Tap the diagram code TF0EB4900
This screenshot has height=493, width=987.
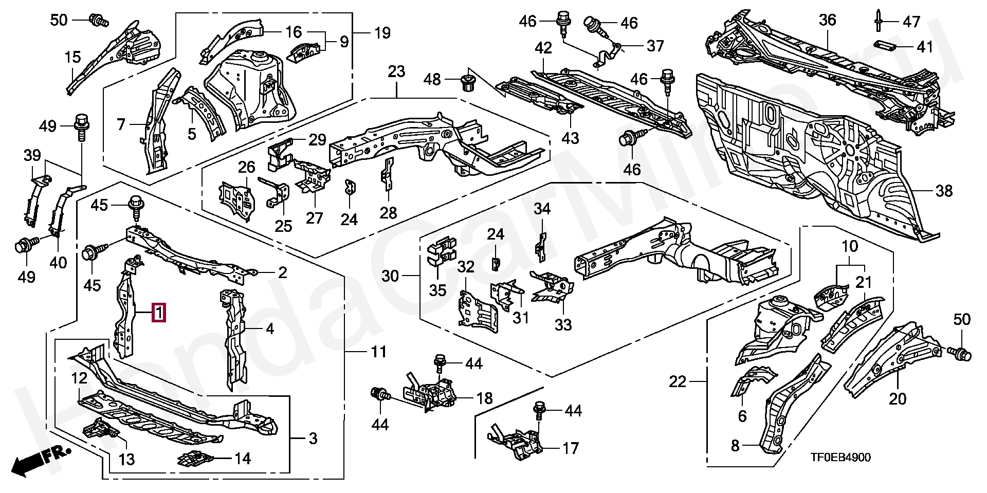point(840,458)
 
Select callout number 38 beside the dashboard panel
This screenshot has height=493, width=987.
point(944,191)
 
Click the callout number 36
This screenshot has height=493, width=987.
point(828,21)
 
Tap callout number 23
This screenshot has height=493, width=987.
point(396,71)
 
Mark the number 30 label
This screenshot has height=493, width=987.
point(390,276)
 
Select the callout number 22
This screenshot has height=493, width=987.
point(678,381)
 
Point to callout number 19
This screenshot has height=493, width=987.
point(382,33)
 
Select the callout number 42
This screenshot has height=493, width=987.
point(543,48)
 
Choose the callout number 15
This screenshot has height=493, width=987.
point(73,57)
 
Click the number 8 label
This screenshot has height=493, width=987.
point(735,445)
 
